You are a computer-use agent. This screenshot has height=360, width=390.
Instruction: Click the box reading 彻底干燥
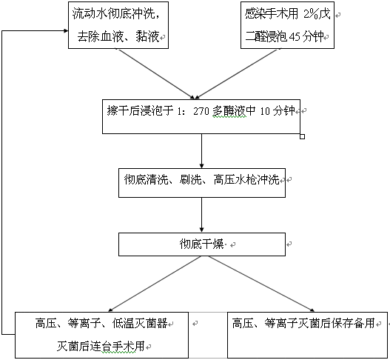click(202, 244)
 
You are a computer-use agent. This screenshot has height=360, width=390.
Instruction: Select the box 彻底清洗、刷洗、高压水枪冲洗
click(202, 183)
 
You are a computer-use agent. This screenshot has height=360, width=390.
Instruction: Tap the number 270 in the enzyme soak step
click(201, 111)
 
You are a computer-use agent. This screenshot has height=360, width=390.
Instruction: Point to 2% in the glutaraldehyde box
click(311, 14)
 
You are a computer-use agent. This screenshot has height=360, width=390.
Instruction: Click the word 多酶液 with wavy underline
click(229, 111)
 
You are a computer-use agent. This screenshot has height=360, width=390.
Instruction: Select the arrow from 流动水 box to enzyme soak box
click(155, 73)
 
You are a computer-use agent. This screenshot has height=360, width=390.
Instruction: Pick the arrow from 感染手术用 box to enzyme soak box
click(238, 73)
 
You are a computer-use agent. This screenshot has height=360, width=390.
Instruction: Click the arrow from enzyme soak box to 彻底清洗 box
click(202, 151)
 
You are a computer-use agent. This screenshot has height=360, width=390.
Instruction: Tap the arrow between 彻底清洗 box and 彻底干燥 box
click(202, 215)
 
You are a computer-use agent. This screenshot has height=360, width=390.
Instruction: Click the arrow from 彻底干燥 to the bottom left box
click(155, 284)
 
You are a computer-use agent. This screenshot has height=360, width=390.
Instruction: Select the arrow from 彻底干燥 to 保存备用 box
click(262, 284)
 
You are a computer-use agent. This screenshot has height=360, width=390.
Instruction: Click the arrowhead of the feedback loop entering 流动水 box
click(66, 31)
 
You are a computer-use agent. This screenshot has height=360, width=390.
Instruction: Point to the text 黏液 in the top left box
click(147, 37)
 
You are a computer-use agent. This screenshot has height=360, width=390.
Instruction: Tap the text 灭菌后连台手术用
click(101, 346)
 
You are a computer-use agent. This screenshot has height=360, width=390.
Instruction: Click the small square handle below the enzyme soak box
click(302, 136)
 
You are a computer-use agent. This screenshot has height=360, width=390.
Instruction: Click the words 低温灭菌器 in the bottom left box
click(140, 324)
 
